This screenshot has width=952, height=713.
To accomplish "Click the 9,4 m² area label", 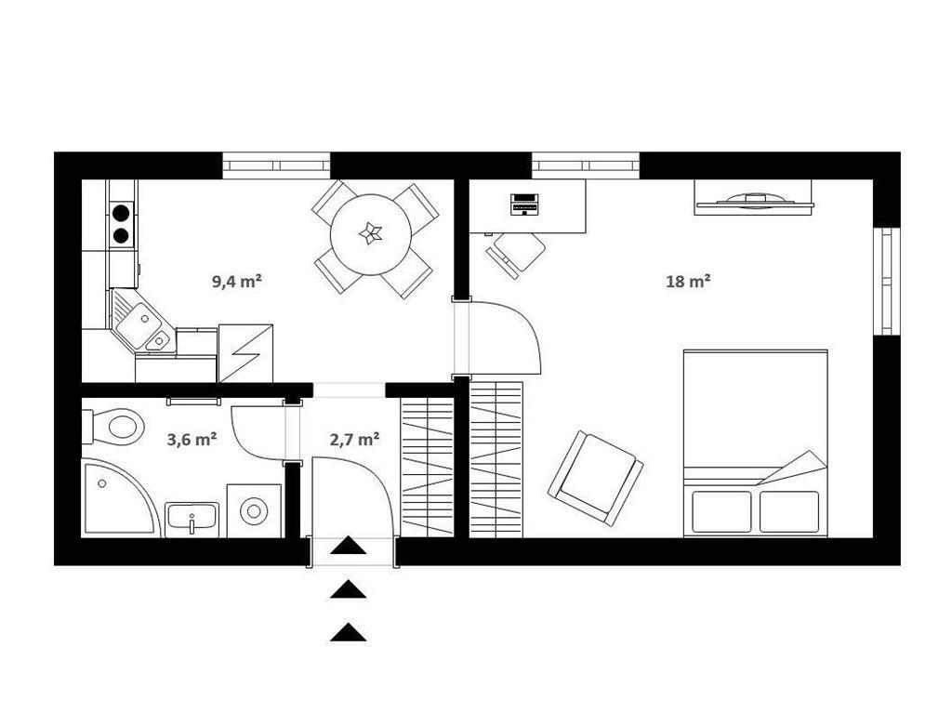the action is coord(237,281).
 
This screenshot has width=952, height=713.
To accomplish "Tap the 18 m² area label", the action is coord(689,281).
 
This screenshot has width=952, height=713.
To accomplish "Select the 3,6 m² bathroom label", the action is coord(192,439).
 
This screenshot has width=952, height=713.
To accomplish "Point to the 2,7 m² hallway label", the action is coord(355,439).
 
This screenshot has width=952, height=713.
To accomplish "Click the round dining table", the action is coord(371,234).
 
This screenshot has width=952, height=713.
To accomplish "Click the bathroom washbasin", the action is coord(192,520).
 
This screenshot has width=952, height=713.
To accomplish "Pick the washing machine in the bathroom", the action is coord(255,510).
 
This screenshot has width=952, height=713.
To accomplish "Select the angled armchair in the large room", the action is coord(596,478).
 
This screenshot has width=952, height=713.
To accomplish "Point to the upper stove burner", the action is coord(122,213).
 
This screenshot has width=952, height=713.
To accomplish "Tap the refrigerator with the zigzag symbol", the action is coord(245,353).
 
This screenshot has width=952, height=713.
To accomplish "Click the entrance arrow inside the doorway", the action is coord(349,546).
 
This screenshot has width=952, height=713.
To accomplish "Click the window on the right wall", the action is coord(887,281).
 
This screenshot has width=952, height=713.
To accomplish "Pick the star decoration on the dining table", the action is coord(370,233).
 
